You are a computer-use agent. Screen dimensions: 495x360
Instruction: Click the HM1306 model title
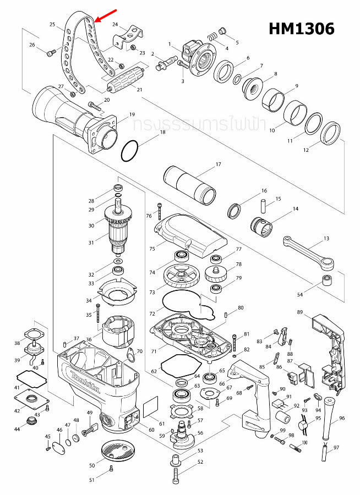coord(301,29)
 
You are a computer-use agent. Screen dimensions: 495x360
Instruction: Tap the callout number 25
coord(52,25)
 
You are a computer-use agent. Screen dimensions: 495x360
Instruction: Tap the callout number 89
coord(299,312)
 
